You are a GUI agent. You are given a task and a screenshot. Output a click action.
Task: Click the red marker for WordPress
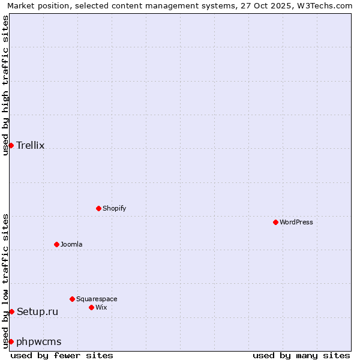[x=275, y=222]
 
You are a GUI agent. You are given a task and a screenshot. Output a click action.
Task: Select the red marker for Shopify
[x=98, y=208]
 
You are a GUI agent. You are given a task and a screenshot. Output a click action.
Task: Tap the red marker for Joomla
[x=56, y=244]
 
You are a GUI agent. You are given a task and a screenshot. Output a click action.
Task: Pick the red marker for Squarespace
[x=72, y=299]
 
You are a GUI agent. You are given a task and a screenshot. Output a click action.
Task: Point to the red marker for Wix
[x=91, y=307]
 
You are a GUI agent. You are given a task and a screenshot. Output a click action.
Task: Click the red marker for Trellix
[x=11, y=145]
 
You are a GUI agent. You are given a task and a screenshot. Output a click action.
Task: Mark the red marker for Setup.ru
[x=11, y=311]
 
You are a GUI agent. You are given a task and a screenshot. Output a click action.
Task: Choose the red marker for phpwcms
[x=11, y=341]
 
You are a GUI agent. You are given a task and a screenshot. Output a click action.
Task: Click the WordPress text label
[x=296, y=222]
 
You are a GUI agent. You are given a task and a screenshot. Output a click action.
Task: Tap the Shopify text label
[x=114, y=208]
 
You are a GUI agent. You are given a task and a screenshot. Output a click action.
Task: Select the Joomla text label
[x=71, y=244]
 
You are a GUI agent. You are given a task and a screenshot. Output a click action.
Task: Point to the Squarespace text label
[x=97, y=299]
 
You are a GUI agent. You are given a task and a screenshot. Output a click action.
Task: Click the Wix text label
[x=101, y=307]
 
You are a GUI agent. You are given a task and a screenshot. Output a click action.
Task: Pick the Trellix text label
[x=31, y=145]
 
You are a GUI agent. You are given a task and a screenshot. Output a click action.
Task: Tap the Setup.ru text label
[x=37, y=311]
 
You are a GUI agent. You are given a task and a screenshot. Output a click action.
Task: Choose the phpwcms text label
[x=39, y=341]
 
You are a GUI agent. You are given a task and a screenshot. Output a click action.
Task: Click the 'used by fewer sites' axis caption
[x=62, y=355]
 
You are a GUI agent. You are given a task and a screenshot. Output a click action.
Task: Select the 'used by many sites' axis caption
[x=301, y=355]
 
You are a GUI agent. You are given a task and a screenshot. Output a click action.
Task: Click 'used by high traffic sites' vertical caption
[x=5, y=85]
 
